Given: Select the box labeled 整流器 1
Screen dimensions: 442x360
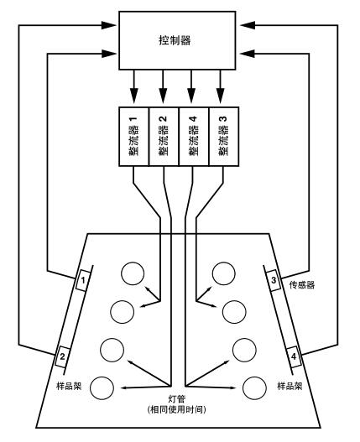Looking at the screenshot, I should point(133,133).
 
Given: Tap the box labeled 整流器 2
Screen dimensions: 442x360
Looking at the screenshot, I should point(164,133).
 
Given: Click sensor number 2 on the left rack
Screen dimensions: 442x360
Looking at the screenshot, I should point(62,358).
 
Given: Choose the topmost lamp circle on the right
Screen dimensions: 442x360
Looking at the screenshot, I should point(223,273).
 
